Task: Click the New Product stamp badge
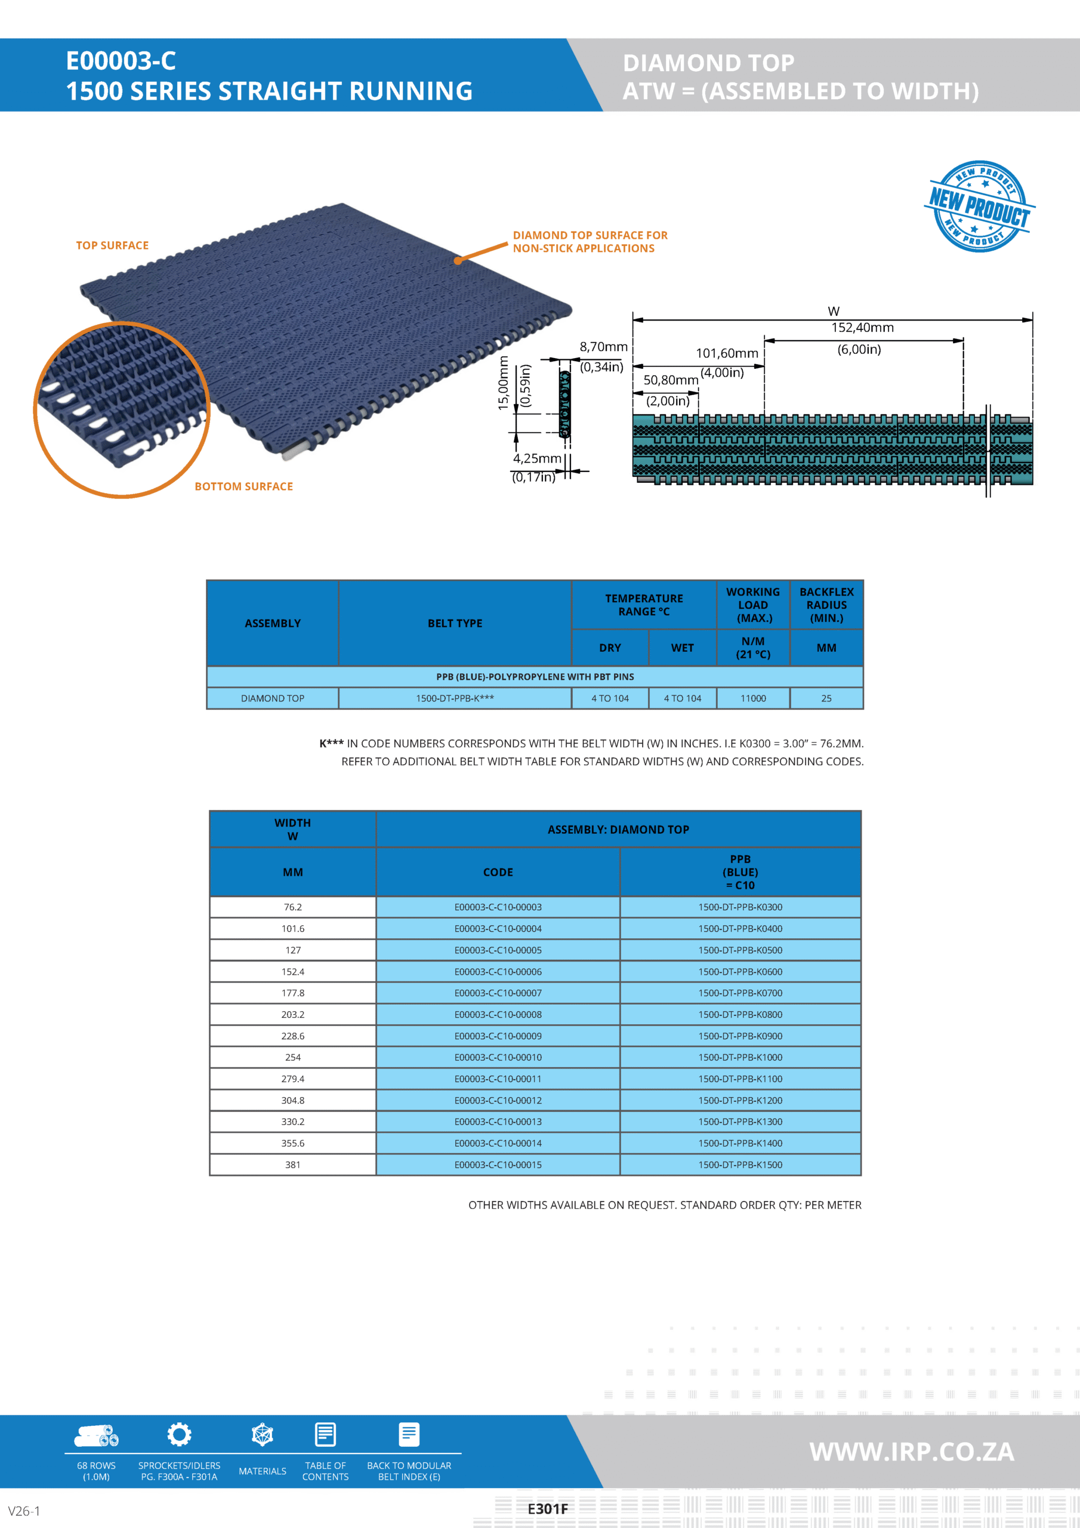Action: (979, 207)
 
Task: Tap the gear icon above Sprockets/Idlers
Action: (179, 1434)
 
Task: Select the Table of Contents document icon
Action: (325, 1434)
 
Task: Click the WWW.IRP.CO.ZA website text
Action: (911, 1452)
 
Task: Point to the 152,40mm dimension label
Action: (862, 328)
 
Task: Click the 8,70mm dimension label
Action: (603, 347)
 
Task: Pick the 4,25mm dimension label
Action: (536, 458)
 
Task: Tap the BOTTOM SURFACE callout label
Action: (243, 486)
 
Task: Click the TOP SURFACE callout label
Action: (112, 245)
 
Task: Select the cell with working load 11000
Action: (752, 698)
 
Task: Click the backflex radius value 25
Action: (826, 698)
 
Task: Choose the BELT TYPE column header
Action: (455, 623)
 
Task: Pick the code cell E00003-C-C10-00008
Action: (498, 1014)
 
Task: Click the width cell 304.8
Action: (293, 1100)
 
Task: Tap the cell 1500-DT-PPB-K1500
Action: (740, 1165)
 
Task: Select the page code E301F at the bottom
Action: (548, 1509)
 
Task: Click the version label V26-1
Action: (24, 1511)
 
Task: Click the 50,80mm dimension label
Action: (670, 380)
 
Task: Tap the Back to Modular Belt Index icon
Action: (409, 1434)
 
